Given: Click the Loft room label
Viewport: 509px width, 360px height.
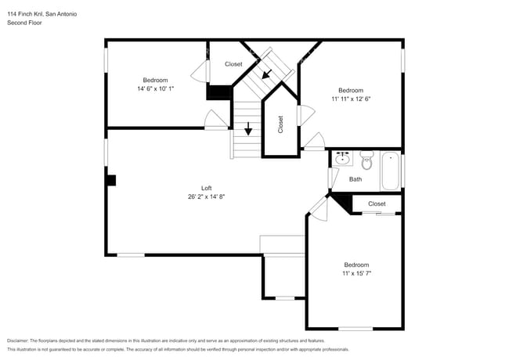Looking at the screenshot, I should [207, 188].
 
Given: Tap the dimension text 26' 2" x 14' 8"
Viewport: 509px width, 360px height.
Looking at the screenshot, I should [207, 196].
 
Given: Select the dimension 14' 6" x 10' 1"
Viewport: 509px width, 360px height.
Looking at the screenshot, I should [154, 88].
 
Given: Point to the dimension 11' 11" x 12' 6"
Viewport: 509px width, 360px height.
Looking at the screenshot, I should [350, 99].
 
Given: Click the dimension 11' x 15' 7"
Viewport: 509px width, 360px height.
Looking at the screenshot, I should [356, 273].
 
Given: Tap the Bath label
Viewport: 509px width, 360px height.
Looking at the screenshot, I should [356, 179].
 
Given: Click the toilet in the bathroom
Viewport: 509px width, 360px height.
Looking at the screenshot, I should [366, 160].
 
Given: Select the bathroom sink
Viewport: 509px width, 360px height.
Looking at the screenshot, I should [342, 159].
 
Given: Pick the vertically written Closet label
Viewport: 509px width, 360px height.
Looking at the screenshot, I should [280, 124].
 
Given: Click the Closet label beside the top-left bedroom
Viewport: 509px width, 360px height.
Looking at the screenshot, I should [233, 64].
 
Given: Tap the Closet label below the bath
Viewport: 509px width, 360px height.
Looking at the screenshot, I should [377, 203].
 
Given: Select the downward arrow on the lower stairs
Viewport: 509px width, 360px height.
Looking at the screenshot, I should [249, 129].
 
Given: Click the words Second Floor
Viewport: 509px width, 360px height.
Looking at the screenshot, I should [24, 23].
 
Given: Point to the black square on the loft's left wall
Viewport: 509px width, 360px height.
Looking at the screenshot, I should [111, 180].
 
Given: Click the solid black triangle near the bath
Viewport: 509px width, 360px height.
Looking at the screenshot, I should [343, 200].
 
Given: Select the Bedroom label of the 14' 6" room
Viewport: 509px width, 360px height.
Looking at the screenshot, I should [154, 80].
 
